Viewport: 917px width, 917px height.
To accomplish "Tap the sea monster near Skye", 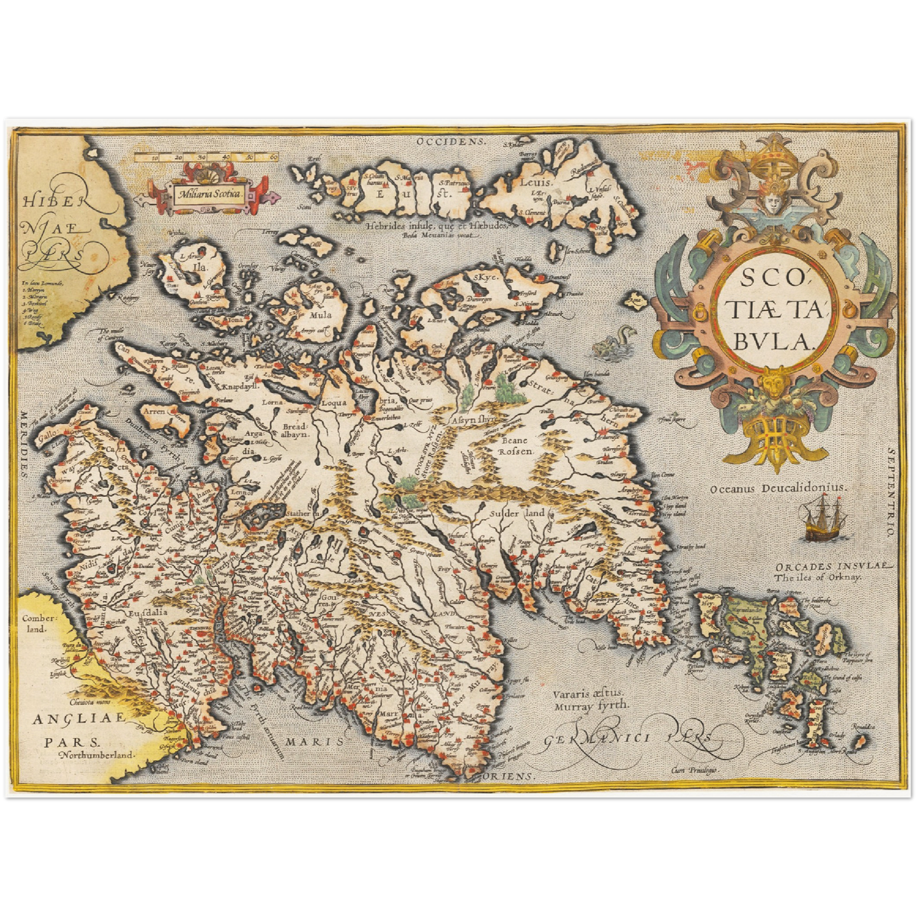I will tap(609, 343).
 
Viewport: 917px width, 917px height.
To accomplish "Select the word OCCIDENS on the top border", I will tap(454, 142).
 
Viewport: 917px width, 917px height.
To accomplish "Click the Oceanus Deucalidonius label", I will tap(778, 488).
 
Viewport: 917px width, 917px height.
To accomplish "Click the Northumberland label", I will tap(98, 755).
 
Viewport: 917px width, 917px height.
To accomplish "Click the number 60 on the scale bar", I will tap(274, 157).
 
